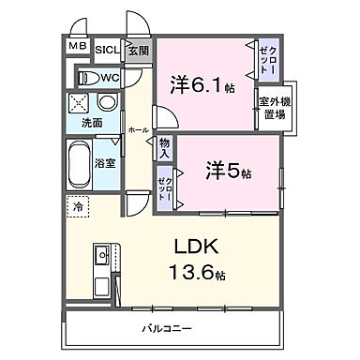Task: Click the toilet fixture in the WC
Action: [88, 77]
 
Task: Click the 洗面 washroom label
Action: [91, 123]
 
